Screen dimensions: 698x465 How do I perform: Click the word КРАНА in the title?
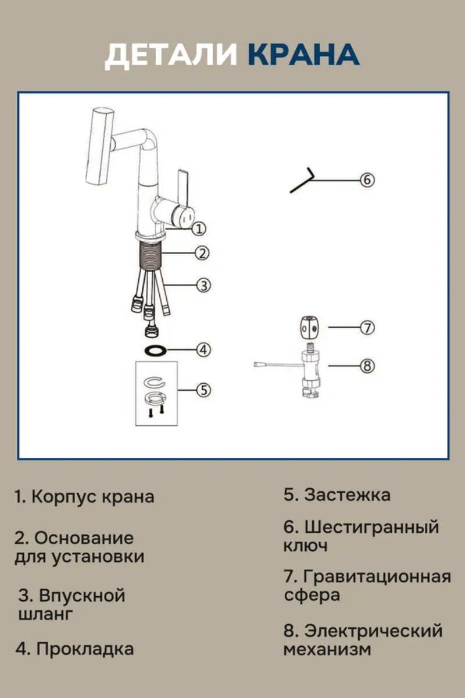303,55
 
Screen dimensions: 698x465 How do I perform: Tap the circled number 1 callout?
199,229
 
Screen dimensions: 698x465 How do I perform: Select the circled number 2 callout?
202,253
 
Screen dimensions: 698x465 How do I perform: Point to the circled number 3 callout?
202,285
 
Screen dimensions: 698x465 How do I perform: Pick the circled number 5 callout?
202,389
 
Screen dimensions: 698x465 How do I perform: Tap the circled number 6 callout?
366,180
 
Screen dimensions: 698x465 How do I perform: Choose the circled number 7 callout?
367,327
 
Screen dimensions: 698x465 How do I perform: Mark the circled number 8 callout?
366,366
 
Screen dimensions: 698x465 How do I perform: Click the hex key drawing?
303,180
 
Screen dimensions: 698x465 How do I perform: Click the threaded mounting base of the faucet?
149,255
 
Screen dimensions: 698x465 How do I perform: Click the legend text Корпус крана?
92,497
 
